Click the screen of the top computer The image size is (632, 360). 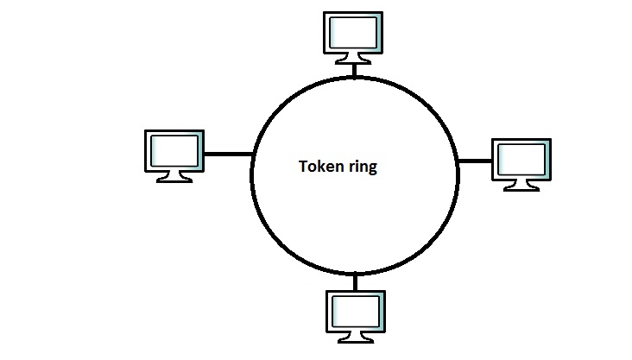click(x=353, y=33)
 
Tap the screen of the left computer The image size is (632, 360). click(x=174, y=151)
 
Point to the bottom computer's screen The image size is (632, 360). click(x=354, y=312)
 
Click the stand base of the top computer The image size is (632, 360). click(x=353, y=60)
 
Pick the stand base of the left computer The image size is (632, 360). click(x=174, y=180)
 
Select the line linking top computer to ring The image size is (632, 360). click(x=353, y=69)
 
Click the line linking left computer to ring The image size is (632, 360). click(x=227, y=155)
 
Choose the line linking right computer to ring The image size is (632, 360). click(x=473, y=161)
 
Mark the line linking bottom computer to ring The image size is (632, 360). click(x=354, y=281)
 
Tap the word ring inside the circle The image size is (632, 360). click(x=360, y=167)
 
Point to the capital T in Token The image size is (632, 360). click(x=302, y=167)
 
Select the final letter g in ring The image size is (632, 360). click(x=372, y=168)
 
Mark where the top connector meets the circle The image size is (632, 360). click(x=353, y=76)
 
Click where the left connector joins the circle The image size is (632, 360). click(x=251, y=155)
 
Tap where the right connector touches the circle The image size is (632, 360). click(x=458, y=161)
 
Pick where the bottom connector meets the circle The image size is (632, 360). click(x=354, y=272)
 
